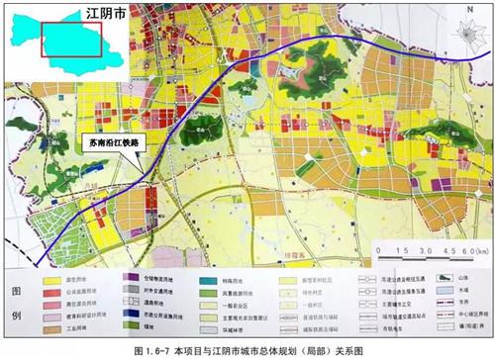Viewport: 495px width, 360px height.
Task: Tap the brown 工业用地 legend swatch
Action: click(x=46, y=322)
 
